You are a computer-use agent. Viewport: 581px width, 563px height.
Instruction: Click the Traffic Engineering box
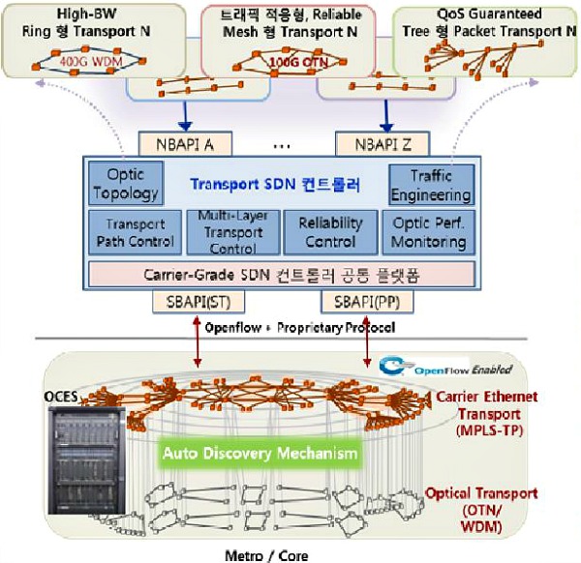(x=432, y=184)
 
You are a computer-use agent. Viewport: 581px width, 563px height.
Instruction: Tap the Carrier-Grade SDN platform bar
(x=282, y=273)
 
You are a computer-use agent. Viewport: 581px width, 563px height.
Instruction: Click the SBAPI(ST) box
(x=193, y=302)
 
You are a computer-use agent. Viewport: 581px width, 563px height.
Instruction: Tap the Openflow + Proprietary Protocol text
(x=299, y=328)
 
